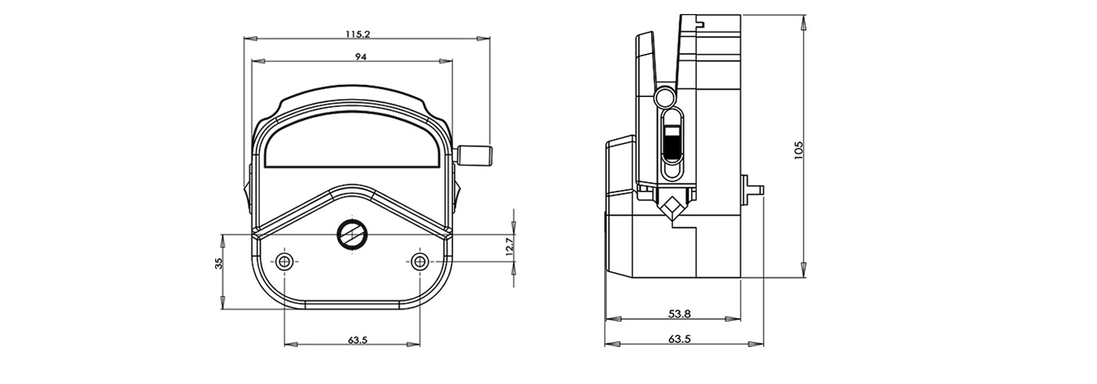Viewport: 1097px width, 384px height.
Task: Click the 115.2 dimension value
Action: [358, 34]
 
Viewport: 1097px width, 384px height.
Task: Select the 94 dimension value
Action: [361, 57]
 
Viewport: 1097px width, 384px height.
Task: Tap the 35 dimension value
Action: [219, 263]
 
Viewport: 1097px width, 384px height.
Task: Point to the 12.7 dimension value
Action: [509, 246]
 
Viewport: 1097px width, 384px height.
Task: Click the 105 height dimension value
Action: [798, 149]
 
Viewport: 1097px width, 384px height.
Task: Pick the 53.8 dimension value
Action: [679, 314]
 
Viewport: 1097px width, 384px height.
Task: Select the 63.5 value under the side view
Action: [679, 339]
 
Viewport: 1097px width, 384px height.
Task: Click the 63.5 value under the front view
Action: [358, 340]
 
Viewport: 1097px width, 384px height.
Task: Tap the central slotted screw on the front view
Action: [352, 235]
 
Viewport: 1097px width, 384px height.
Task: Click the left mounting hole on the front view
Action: [285, 261]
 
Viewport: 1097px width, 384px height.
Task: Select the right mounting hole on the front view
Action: [419, 261]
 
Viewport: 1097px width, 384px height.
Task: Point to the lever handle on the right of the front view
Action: [475, 155]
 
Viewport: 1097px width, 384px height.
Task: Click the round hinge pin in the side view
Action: [665, 97]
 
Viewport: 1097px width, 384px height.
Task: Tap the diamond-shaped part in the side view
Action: [671, 207]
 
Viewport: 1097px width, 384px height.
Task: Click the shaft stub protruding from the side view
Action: [753, 188]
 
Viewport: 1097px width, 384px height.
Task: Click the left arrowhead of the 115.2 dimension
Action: [251, 38]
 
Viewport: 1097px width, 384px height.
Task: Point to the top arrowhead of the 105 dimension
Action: [804, 22]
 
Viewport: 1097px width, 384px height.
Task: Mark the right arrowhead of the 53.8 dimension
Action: [733, 319]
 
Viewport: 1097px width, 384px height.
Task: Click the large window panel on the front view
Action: [353, 142]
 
